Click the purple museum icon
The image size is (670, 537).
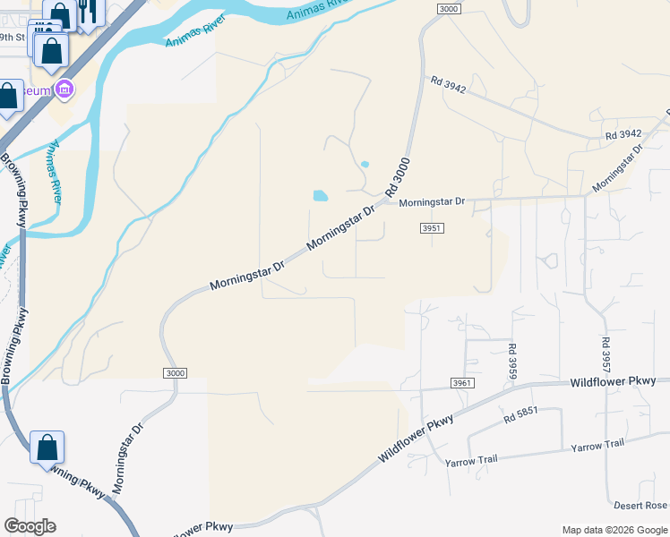(64, 89)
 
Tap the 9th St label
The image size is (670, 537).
(13, 38)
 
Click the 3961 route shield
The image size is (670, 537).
(460, 383)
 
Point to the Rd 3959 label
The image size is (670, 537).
(512, 362)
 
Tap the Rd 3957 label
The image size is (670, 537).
(606, 354)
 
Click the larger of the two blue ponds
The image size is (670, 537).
(320, 195)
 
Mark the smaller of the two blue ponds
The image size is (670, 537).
(365, 165)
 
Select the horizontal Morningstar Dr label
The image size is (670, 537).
(433, 202)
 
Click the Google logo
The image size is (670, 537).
(30, 526)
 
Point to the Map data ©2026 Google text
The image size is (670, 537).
(614, 530)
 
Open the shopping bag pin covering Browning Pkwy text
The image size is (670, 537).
(47, 446)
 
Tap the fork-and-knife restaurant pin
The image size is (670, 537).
(87, 11)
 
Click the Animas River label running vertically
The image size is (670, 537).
(56, 169)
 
